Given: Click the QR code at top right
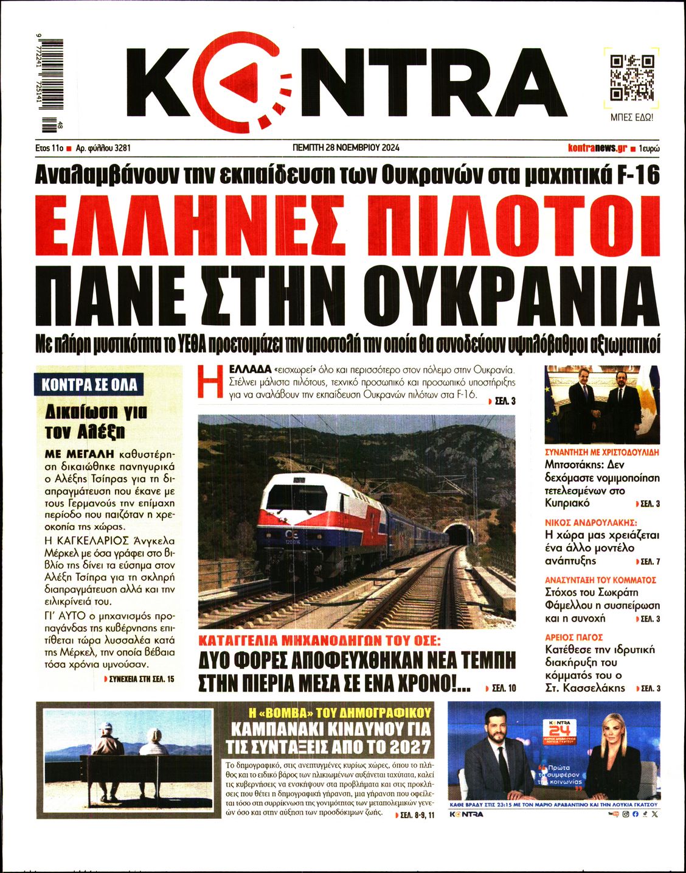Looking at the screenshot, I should pyautogui.click(x=632, y=78).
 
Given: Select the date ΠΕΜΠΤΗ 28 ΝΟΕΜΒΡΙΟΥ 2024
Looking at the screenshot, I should pyautogui.click(x=345, y=147).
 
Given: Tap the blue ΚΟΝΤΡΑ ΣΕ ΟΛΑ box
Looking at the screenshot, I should pyautogui.click(x=89, y=385).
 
